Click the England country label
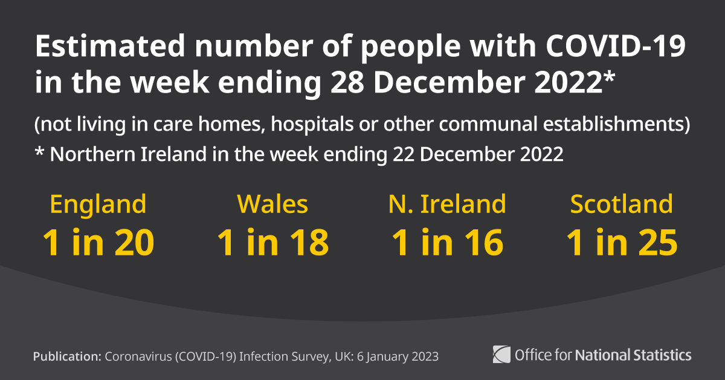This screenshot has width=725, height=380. coord(98,205)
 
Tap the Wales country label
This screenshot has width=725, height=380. coord(272,205)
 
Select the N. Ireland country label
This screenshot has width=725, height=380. coord(447,205)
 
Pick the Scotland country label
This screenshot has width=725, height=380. coord(621,205)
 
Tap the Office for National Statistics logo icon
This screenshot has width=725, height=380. coord(501,353)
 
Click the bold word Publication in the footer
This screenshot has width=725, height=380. coord(67,356)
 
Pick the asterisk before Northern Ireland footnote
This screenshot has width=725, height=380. coord(39,151)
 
